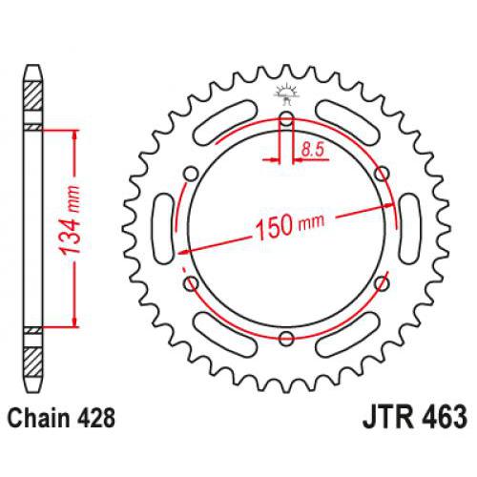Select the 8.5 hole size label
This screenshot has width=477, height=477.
click(x=309, y=147)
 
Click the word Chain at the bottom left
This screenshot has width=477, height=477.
click(x=37, y=416)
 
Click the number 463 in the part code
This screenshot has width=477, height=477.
click(x=442, y=417)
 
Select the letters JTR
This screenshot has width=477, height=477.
click(x=386, y=417)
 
